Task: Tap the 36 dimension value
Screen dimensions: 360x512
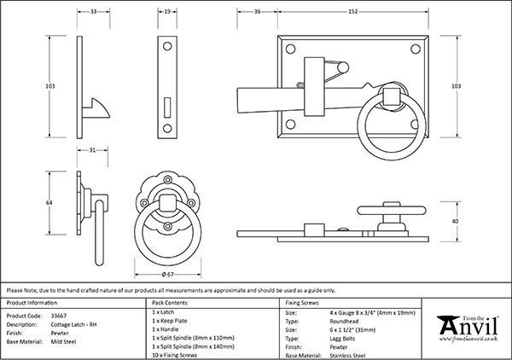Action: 257,11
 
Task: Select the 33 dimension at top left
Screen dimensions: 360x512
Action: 93,11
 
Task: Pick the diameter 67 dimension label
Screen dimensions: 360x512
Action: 167,275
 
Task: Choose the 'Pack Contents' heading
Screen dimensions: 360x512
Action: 170,303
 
